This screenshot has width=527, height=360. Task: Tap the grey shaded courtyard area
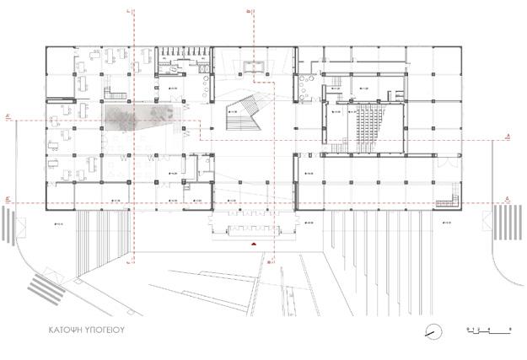pos(139,118)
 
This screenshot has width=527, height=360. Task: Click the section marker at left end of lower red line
pos(8,200)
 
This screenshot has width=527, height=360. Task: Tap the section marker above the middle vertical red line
pos(245,11)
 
